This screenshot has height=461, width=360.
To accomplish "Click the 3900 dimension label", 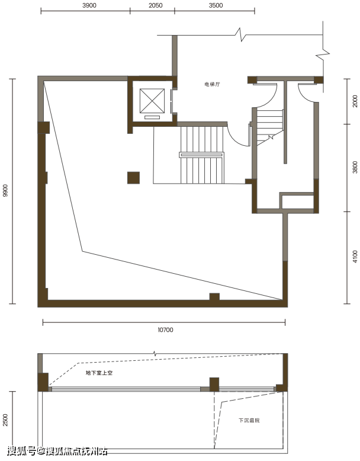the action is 89,5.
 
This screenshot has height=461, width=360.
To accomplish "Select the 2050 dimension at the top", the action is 156,5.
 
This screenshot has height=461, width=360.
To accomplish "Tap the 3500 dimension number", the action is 216,5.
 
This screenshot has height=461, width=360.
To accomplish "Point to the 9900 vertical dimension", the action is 5,191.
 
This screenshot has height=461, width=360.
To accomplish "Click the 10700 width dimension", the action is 165,330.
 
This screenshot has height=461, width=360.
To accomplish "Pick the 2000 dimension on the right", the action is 355,101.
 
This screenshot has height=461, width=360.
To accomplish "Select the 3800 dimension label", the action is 355,167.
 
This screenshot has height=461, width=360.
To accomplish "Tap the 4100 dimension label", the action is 355,257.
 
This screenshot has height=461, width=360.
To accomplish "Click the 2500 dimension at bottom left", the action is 5,420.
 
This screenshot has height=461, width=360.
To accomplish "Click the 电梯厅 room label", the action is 212,84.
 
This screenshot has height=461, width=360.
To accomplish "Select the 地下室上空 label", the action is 99,373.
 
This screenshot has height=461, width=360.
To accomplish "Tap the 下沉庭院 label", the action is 249,421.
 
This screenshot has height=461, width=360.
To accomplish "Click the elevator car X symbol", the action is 152,101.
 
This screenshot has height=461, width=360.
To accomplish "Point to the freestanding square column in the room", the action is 133,178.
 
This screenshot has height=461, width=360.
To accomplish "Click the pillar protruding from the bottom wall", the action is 214,297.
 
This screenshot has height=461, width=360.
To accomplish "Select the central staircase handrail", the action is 201,155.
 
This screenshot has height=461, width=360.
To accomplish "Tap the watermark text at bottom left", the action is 57,451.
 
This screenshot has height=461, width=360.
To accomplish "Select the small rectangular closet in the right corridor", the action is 297,201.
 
